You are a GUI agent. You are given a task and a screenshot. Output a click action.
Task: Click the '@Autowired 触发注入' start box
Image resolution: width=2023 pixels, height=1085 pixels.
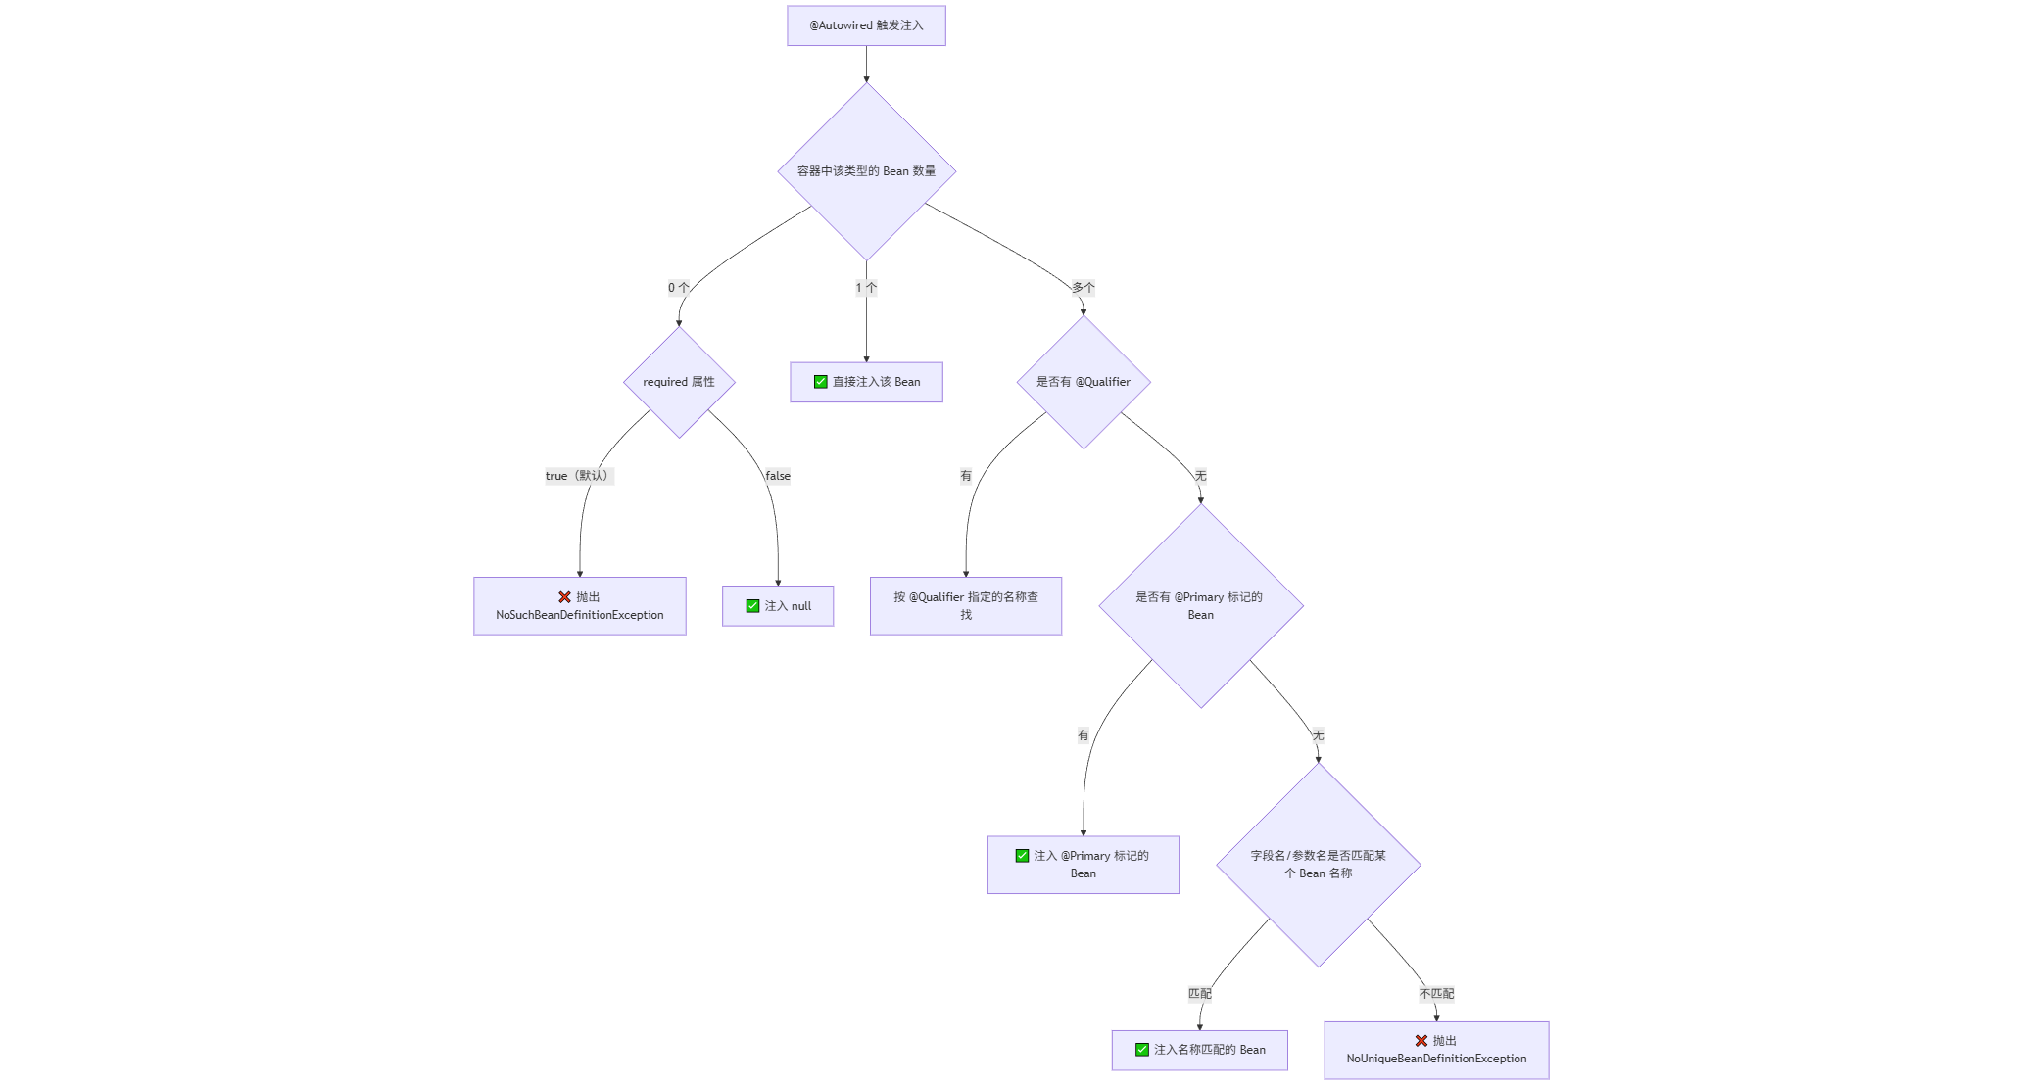coord(866,25)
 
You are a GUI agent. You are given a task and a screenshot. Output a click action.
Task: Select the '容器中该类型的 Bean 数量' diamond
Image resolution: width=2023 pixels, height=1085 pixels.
coord(866,171)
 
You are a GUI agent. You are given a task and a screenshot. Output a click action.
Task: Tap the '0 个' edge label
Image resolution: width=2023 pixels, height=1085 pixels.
coord(678,288)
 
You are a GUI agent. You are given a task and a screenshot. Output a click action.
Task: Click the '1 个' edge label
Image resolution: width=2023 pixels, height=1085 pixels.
coord(866,288)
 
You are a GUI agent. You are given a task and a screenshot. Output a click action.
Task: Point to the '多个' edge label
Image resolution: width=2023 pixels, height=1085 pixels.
coord(1083,288)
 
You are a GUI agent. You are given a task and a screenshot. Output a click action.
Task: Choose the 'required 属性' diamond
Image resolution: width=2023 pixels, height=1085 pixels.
coord(679,382)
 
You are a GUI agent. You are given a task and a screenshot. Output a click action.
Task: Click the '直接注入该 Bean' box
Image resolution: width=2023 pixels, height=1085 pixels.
coord(866,382)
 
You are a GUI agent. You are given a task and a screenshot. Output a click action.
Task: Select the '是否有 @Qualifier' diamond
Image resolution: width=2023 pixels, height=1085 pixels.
coord(1084,382)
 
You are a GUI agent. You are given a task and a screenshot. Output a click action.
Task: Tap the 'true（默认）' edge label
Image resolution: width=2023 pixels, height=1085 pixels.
coord(579,476)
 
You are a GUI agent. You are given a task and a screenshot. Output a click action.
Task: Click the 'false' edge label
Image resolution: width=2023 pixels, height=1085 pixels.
coord(778,476)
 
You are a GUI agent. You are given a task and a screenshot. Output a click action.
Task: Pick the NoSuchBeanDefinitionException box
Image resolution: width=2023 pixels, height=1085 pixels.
coord(579,606)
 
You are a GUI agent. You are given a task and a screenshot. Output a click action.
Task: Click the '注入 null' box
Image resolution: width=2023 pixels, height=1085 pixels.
coord(778,606)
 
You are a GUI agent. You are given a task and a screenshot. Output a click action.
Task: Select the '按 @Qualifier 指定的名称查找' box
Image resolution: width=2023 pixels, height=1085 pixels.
coord(965,606)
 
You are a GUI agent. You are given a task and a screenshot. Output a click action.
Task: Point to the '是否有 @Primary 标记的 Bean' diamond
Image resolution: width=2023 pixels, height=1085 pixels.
coord(1201,606)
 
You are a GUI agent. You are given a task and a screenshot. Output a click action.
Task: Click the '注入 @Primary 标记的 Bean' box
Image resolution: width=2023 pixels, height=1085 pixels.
coord(1083,865)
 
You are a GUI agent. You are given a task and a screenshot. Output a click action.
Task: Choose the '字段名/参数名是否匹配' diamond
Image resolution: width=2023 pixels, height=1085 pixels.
coord(1319,865)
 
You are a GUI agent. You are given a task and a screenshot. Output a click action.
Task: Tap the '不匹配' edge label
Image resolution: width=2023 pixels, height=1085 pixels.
coord(1436,994)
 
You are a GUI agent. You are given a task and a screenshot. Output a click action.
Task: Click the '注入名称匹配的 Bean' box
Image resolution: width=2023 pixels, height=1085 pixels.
coord(1199,1050)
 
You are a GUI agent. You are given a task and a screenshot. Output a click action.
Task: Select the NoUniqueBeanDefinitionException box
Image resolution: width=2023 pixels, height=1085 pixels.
coord(1436,1051)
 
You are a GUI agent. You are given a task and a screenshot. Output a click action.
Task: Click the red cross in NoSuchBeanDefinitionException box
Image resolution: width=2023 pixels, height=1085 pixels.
coord(564,597)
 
